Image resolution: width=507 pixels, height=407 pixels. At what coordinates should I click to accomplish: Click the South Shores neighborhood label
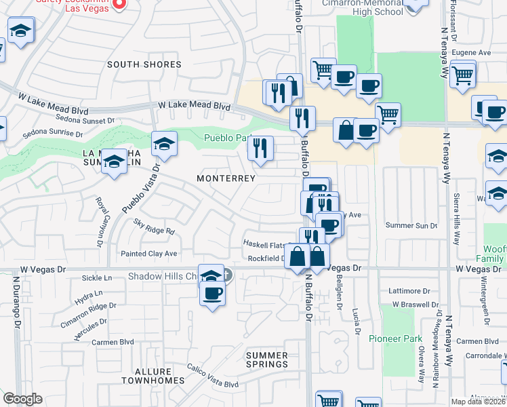(x=144, y=64)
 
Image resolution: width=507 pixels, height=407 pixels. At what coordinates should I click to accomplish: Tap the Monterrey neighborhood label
(x=226, y=178)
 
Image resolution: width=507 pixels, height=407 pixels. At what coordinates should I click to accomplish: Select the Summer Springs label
(x=267, y=360)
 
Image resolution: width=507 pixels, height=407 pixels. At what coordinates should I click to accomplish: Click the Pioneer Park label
(x=390, y=338)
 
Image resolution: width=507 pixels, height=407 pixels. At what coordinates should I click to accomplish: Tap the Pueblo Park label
(x=224, y=139)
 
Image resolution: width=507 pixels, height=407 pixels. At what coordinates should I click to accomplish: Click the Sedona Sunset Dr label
(x=87, y=120)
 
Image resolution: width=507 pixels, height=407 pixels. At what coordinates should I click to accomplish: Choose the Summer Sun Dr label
(x=411, y=225)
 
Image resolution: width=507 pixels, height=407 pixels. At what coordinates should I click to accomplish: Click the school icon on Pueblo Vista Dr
(x=164, y=144)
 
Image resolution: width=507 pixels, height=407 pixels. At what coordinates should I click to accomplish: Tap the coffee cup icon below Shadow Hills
(x=213, y=294)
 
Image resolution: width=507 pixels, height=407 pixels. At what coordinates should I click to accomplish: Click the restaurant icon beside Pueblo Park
(x=260, y=149)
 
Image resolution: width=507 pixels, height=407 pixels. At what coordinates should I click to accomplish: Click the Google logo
(x=23, y=399)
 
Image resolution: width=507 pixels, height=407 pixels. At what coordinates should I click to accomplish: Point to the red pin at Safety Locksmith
(x=119, y=3)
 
